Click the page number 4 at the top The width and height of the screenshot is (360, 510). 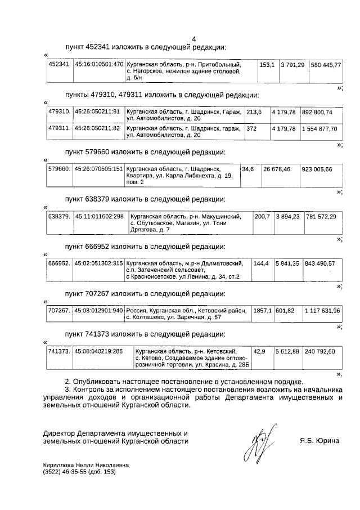coord(193,39)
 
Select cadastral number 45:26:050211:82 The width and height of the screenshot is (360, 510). coord(97,129)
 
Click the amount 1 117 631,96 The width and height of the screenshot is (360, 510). coord(322,311)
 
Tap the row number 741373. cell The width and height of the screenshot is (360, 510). coord(59,351)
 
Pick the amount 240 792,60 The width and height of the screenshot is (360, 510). coord(319,351)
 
